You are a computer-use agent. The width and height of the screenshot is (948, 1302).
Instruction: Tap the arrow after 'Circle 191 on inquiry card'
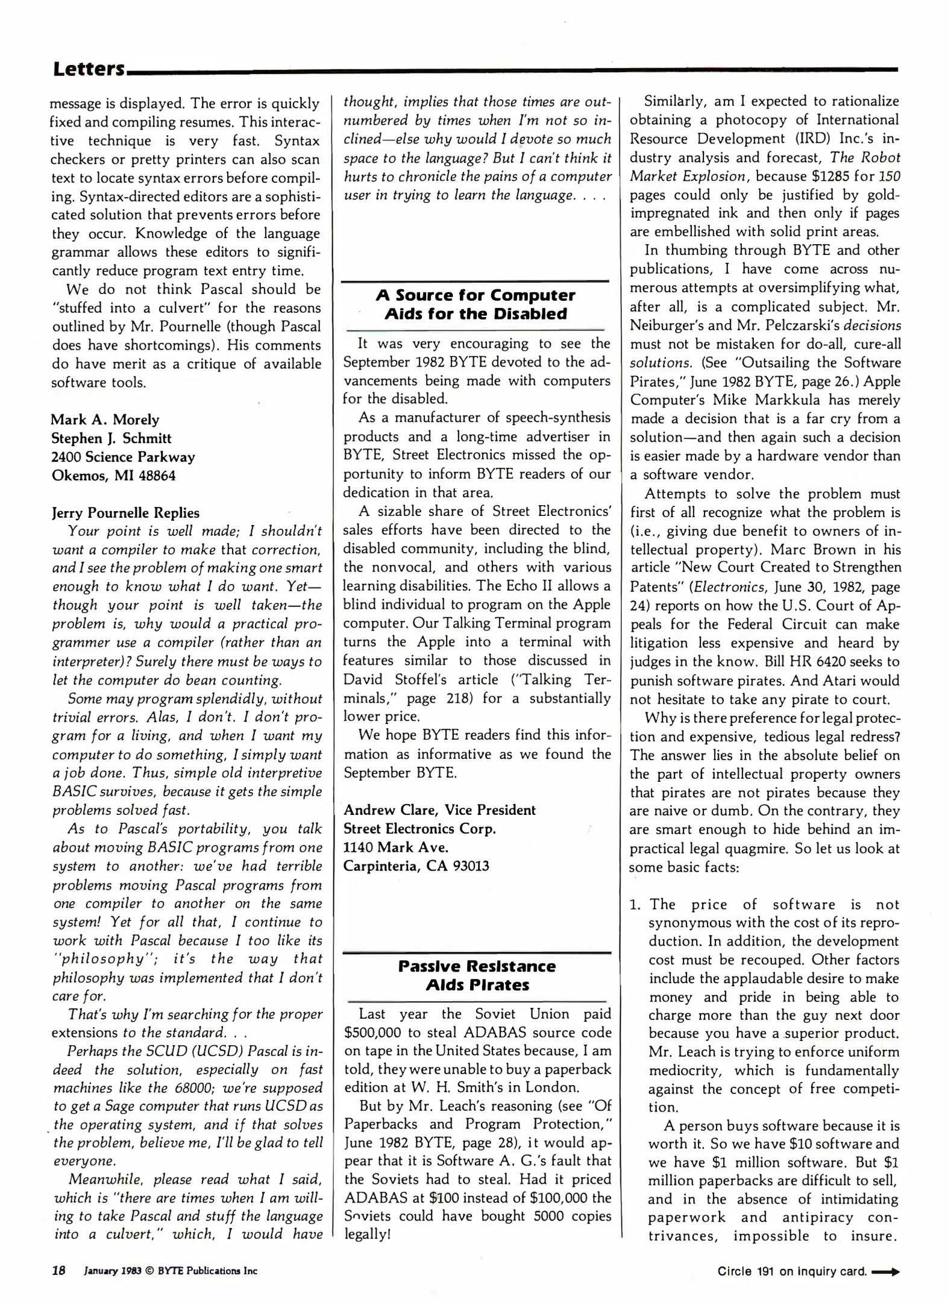point(885,1272)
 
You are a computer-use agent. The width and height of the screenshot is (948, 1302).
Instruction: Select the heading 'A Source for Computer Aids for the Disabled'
point(476,304)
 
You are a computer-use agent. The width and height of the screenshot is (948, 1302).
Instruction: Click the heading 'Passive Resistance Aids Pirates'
point(477,975)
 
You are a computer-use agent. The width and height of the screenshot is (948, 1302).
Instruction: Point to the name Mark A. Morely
point(105,420)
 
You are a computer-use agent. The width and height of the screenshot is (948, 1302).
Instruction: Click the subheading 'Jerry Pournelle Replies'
point(125,513)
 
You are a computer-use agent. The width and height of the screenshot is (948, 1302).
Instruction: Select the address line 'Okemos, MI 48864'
point(113,476)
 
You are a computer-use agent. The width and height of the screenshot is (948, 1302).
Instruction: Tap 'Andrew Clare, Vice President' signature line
point(439,810)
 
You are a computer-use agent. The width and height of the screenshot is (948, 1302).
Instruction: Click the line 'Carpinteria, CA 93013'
point(416,866)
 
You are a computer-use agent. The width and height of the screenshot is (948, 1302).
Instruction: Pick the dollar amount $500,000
point(374,1032)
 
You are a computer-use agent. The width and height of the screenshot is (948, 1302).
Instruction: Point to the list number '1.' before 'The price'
point(635,904)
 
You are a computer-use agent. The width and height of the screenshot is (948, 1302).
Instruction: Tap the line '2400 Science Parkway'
point(123,457)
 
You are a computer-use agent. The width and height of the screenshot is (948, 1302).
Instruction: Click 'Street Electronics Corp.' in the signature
point(419,829)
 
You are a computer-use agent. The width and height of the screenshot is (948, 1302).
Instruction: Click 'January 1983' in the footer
point(113,1271)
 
